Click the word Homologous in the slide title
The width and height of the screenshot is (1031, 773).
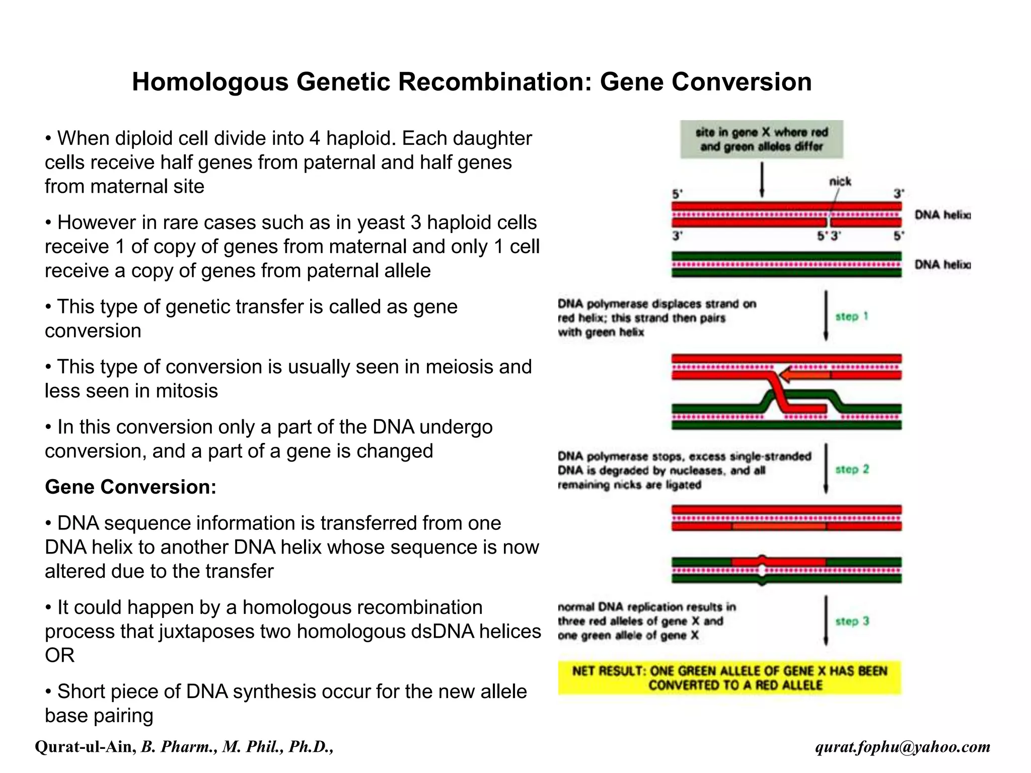click(210, 82)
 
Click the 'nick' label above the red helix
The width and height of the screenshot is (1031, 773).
click(840, 181)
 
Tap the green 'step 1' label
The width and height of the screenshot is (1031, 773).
click(852, 317)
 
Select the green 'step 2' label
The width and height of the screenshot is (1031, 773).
click(852, 469)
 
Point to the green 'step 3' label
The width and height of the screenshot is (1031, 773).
click(852, 621)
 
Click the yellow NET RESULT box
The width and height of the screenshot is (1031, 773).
click(729, 678)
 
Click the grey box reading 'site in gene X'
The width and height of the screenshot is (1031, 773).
click(761, 139)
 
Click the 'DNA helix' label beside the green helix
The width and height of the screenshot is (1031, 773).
click(942, 265)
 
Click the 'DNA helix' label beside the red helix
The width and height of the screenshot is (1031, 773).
click(942, 215)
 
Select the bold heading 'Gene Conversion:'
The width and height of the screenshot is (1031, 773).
click(130, 487)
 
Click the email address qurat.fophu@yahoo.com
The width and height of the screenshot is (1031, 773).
click(903, 747)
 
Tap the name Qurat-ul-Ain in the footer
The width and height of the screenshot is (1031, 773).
click(85, 747)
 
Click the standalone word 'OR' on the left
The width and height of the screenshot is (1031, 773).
click(59, 656)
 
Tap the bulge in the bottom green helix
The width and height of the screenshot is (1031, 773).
click(762, 570)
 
